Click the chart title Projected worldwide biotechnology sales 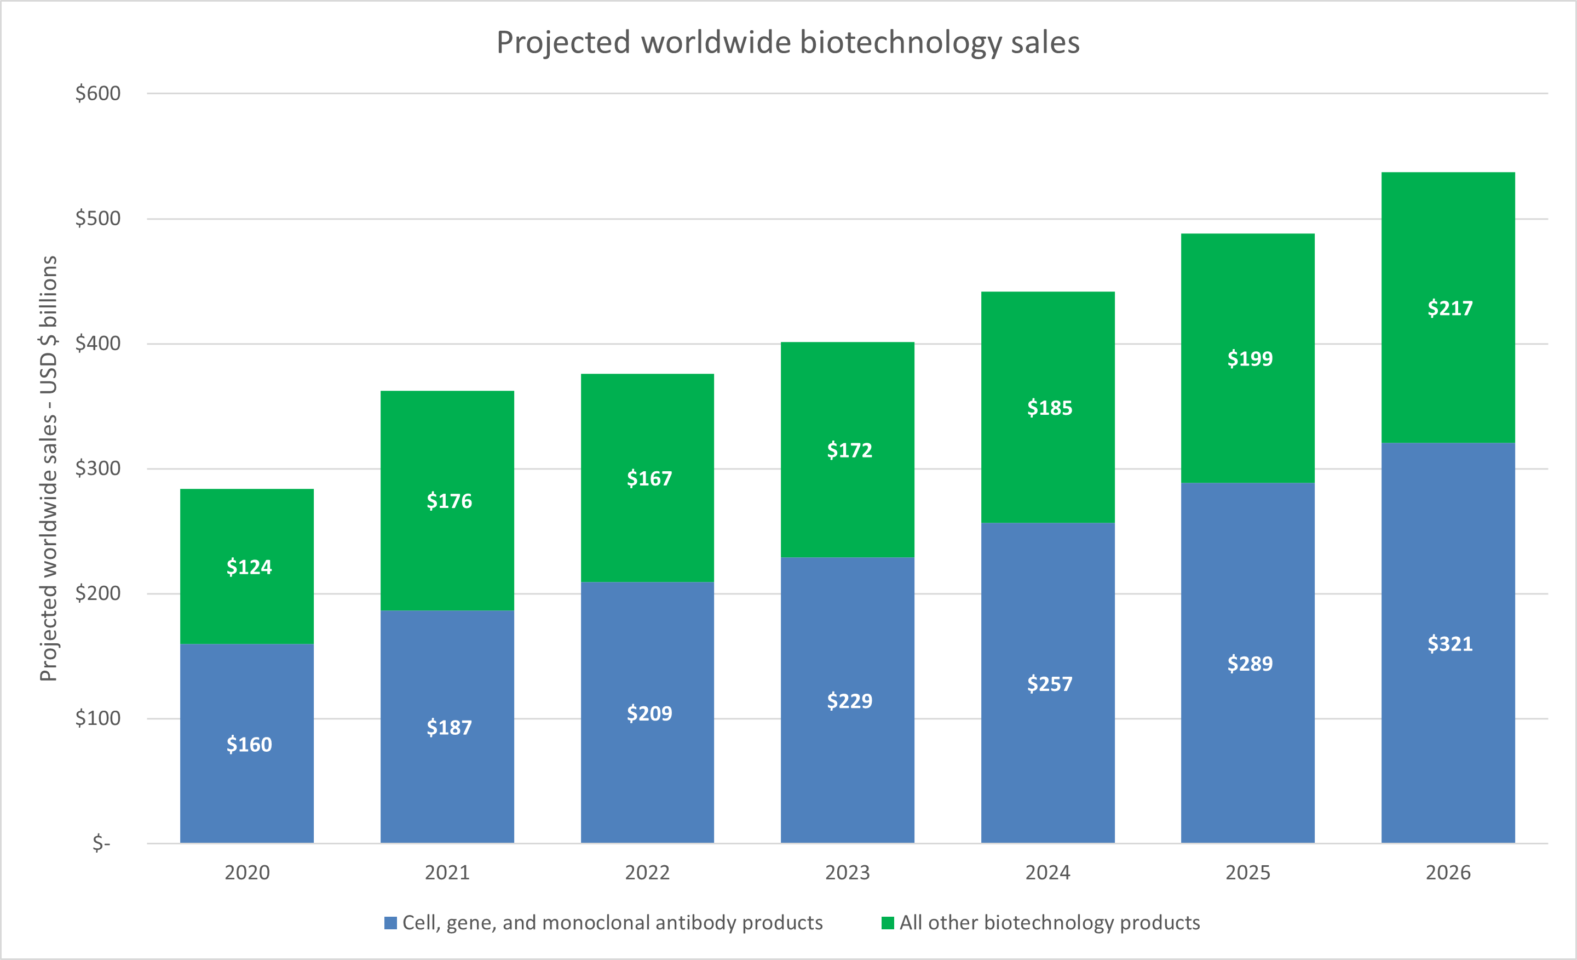pyautogui.click(x=788, y=43)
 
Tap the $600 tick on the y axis pyautogui.click(x=98, y=94)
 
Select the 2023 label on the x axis pyautogui.click(x=848, y=872)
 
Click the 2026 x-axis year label pyautogui.click(x=1448, y=872)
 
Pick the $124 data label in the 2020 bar pyautogui.click(x=249, y=567)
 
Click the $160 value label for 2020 pyautogui.click(x=249, y=744)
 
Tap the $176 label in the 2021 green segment pyautogui.click(x=450, y=501)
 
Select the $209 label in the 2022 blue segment pyautogui.click(x=649, y=713)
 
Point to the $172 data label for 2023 pyautogui.click(x=849, y=450)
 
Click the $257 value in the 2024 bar pyautogui.click(x=1050, y=684)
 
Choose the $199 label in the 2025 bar pyautogui.click(x=1250, y=359)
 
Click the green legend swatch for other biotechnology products pyautogui.click(x=887, y=923)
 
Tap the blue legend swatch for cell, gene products pyautogui.click(x=390, y=923)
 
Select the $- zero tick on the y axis pyautogui.click(x=101, y=843)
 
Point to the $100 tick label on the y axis pyautogui.click(x=98, y=718)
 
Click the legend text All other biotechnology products pyautogui.click(x=1050, y=923)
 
